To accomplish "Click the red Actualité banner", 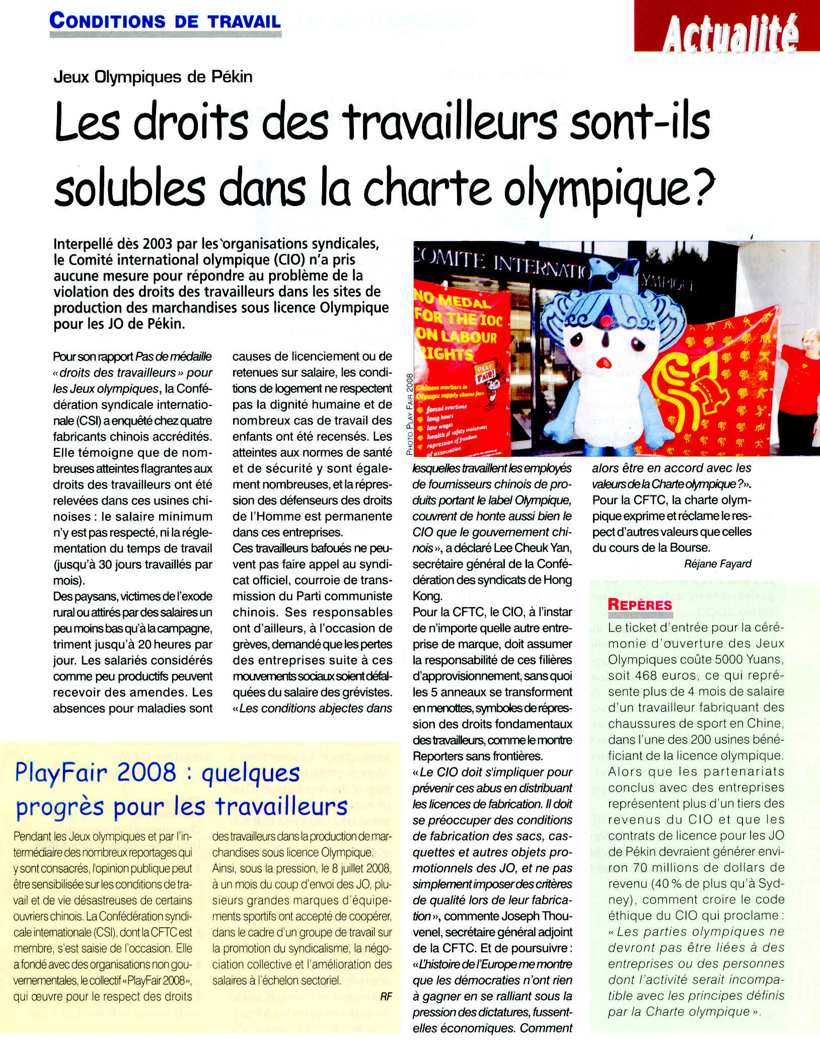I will [x=727, y=26].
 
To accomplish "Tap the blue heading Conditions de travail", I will [x=165, y=21].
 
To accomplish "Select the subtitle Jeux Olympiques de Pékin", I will [x=153, y=77].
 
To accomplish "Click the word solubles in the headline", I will [x=130, y=188].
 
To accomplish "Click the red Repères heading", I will [x=640, y=604].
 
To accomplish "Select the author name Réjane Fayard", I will [x=717, y=564].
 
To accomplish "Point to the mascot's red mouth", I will [x=602, y=363].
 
